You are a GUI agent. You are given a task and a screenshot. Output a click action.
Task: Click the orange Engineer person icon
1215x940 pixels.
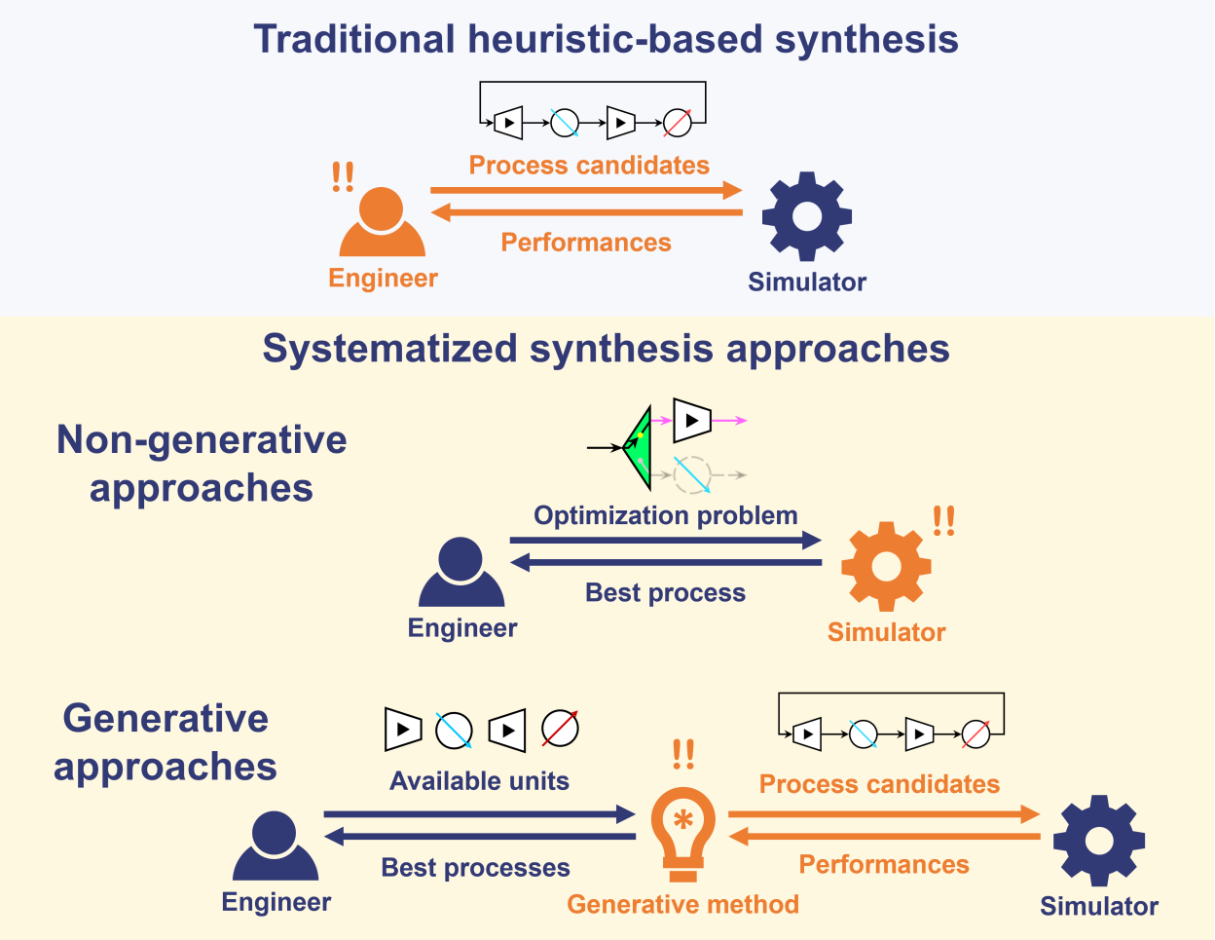[x=383, y=223]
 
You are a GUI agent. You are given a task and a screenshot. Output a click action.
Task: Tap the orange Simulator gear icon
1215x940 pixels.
[x=886, y=567]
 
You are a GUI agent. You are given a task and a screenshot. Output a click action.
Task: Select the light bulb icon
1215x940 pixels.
[x=683, y=834]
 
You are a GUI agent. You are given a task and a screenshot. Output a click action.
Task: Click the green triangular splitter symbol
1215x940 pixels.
[x=638, y=447]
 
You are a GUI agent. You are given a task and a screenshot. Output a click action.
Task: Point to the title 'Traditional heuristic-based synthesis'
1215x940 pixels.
[x=606, y=40]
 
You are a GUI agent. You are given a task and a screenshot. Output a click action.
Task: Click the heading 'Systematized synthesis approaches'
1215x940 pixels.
[x=606, y=349]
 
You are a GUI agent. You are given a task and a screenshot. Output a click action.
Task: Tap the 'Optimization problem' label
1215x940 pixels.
[x=665, y=515]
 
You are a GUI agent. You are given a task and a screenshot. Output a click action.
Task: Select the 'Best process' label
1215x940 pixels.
[x=665, y=592]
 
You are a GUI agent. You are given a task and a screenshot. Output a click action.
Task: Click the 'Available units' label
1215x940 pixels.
[x=479, y=781]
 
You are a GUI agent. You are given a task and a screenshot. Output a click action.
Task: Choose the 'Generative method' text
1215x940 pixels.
[x=682, y=904]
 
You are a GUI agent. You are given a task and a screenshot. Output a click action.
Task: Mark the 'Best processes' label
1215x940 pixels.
[x=475, y=867]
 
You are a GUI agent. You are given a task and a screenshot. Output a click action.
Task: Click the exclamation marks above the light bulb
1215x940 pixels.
[x=683, y=754]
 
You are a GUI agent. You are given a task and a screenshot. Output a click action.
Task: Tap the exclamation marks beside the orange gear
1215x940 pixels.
[x=943, y=521]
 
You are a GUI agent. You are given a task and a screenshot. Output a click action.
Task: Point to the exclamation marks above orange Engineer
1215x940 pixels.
[x=343, y=177]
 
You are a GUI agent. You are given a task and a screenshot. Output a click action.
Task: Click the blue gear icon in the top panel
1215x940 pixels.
[x=806, y=216]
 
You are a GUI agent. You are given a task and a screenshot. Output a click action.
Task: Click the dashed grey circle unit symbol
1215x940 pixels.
[x=692, y=474]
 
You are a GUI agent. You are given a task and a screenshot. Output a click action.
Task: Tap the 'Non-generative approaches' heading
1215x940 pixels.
[x=202, y=464]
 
